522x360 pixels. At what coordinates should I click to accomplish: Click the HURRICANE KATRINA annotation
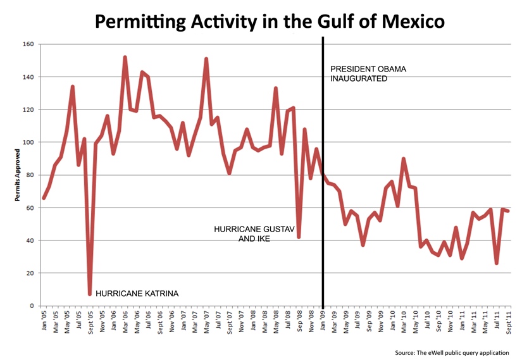click(137, 294)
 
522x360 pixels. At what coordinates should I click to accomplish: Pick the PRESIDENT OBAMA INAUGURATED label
click(368, 74)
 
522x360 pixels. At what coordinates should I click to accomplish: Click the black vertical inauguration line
click(323, 190)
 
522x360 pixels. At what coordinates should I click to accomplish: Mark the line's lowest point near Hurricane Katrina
click(90, 294)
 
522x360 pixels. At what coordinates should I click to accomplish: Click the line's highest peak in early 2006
click(125, 58)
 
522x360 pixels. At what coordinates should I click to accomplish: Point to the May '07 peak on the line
click(206, 59)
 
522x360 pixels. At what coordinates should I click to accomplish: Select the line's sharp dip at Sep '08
click(299, 237)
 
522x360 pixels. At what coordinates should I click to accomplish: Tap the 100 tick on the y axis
click(29, 142)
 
